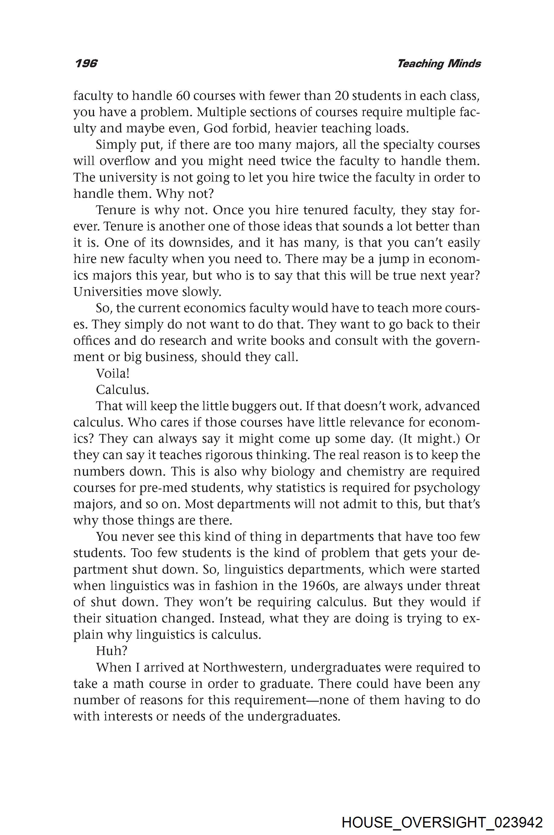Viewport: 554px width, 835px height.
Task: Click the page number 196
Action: click(x=86, y=64)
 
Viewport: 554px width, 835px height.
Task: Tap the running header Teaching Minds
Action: click(x=439, y=64)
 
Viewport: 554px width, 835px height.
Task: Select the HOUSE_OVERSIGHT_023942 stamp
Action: click(x=442, y=813)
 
